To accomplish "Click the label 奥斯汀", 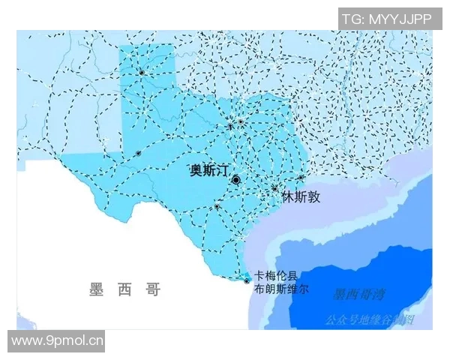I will [209, 171].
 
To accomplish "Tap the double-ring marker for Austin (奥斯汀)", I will [236, 180].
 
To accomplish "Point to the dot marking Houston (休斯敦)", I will [275, 188].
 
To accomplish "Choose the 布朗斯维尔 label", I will [281, 288].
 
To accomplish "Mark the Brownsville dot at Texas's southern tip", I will [247, 281].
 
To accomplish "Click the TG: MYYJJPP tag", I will [387, 19].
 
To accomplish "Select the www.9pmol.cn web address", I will [58, 341].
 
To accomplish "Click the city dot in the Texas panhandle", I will [141, 72].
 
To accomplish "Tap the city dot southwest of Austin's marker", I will [217, 206].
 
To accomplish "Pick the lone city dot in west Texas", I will [138, 154].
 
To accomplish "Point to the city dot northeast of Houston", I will [301, 178].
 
